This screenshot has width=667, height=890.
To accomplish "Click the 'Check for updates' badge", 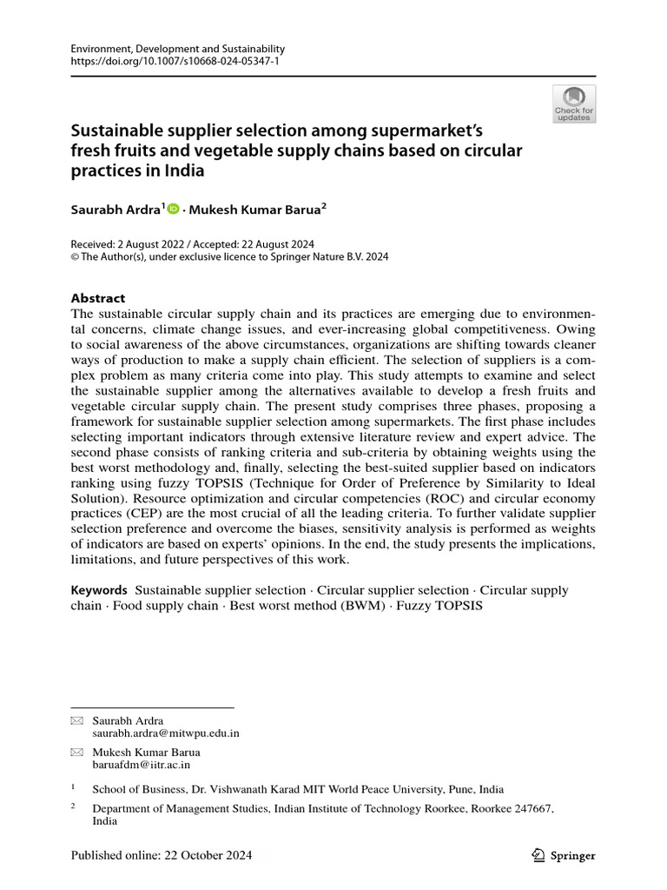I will point(574,103).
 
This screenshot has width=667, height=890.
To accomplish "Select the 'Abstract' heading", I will point(97,297).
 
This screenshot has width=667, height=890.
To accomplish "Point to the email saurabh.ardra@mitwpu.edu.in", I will point(166,733).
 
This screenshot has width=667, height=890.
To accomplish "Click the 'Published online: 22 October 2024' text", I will point(162,856).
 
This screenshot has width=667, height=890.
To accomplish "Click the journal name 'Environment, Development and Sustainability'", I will point(177,50).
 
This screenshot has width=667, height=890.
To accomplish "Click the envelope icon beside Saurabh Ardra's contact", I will point(76,721).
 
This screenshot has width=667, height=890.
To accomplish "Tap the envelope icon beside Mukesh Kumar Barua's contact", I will point(76,752).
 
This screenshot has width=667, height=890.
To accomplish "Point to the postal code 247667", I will point(530,807).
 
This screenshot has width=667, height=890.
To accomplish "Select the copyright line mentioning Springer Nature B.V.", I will point(229,256).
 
